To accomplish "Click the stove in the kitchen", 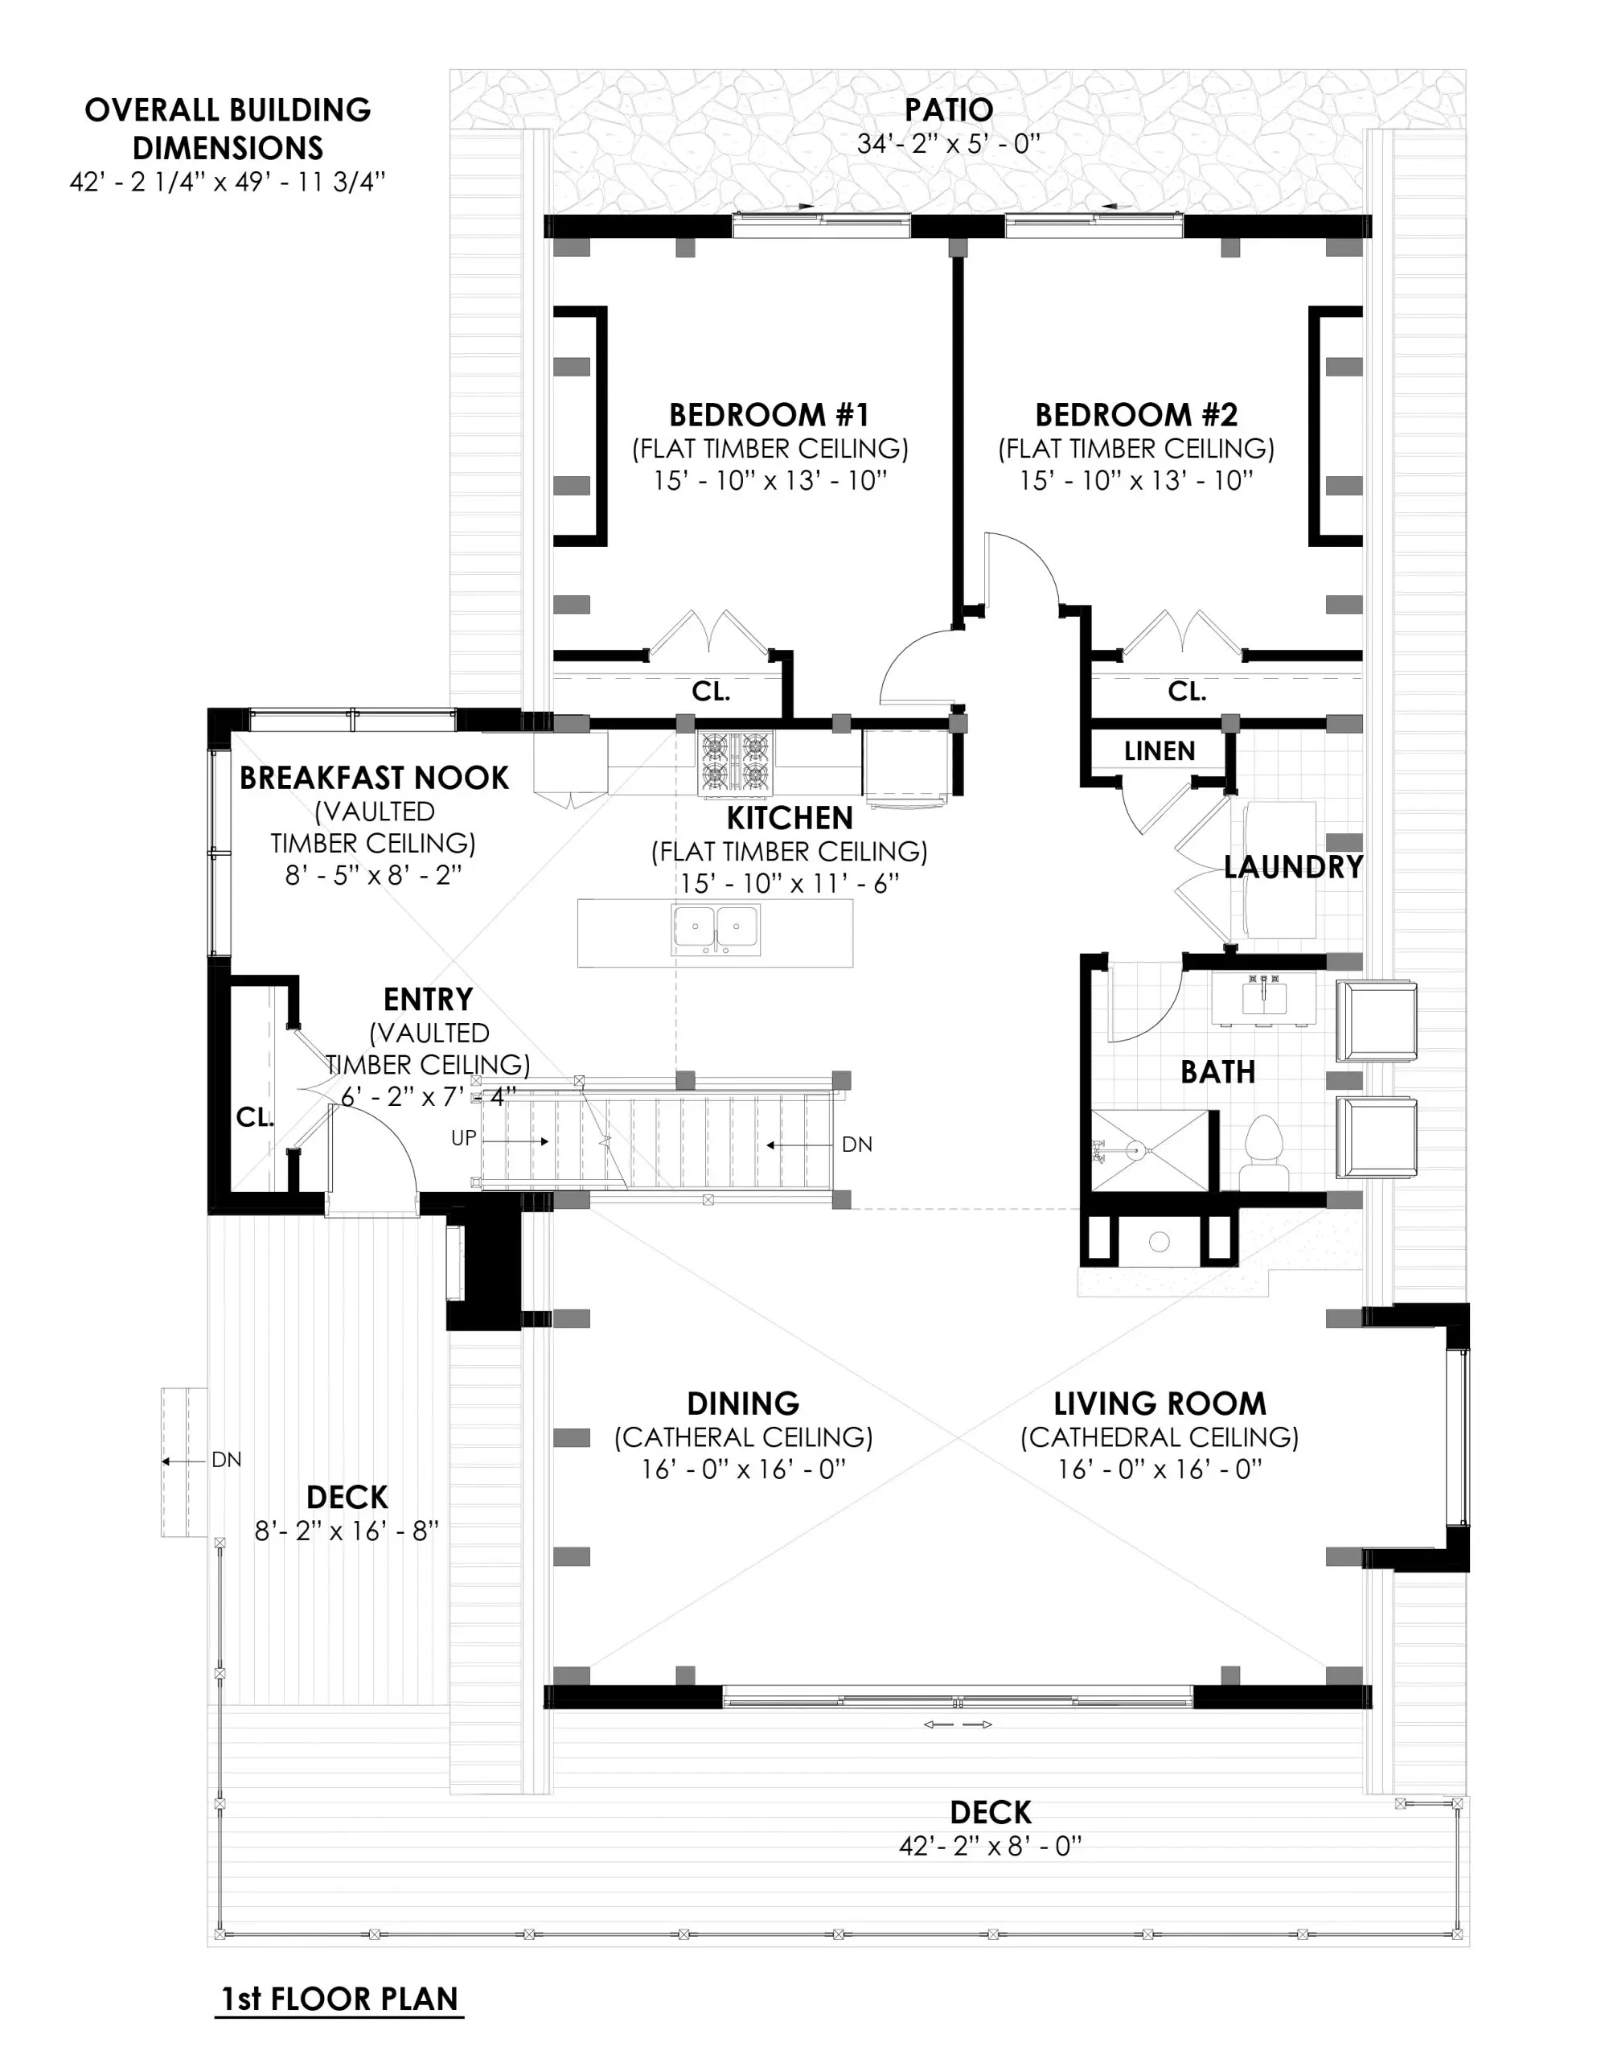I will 734,762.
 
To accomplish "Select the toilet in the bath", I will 1263,1151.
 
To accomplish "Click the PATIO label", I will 948,110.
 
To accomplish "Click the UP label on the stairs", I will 464,1139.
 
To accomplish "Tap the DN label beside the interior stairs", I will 856,1145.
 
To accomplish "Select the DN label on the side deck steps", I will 226,1461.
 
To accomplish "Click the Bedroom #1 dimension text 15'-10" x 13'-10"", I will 770,481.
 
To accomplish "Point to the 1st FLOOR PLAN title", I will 339,1999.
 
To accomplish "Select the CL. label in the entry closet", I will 253,1117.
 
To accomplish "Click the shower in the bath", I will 1149,1151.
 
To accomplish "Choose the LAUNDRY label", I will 1293,867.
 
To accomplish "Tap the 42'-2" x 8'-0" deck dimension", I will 990,1846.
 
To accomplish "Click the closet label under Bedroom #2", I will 1187,691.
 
